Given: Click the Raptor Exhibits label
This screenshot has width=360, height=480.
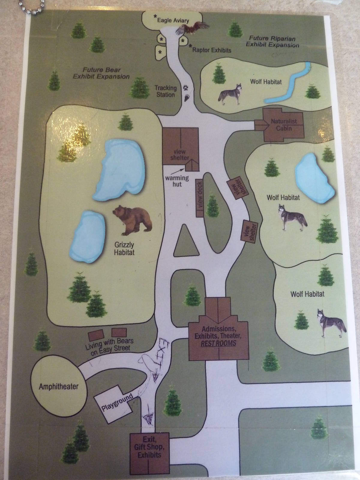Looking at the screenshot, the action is click(211, 50).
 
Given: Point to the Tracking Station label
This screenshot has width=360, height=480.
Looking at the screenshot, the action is click(165, 91).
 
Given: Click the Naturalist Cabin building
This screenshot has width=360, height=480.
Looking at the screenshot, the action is click(283, 125).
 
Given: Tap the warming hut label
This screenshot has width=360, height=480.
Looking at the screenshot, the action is click(177, 181).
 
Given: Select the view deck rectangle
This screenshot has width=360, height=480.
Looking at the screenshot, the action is click(200, 198).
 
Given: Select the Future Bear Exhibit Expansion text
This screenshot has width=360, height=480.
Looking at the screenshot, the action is click(101, 73).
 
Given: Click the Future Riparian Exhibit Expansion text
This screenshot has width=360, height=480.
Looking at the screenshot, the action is click(272, 42).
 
